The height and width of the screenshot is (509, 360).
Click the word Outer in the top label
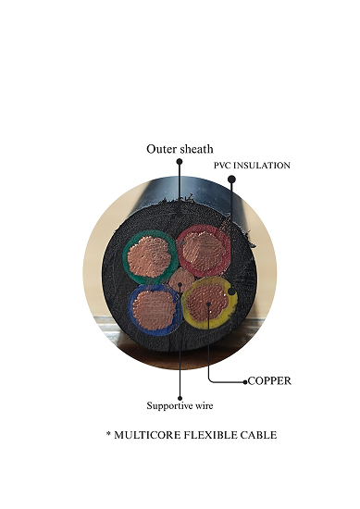click(x=161, y=148)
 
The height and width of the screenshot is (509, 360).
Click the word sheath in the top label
click(x=197, y=148)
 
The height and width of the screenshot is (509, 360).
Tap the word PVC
click(x=223, y=166)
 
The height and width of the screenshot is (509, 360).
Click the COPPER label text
click(x=269, y=380)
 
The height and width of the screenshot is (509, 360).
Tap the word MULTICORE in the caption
click(x=153, y=435)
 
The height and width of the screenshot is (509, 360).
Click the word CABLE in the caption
click(x=264, y=435)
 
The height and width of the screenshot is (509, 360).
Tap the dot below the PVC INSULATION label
click(x=231, y=179)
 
